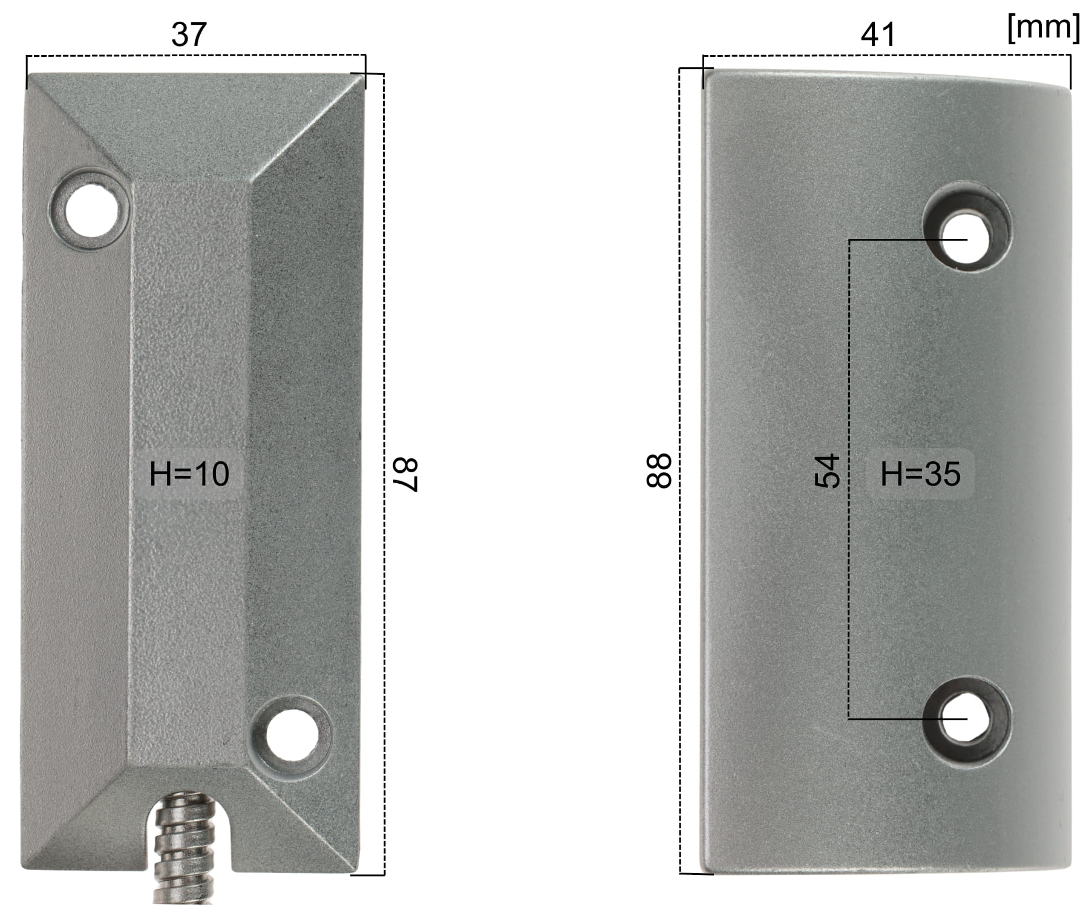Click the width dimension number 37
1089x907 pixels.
point(189,34)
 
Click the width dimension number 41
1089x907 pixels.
point(877,34)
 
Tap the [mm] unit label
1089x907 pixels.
point(1043,28)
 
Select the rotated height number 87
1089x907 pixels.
point(405,475)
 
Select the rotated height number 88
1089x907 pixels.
point(659,471)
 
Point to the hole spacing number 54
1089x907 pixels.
point(827,471)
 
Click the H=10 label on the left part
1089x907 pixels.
point(189,473)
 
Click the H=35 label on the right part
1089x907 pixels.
point(920,473)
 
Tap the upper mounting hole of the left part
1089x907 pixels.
point(92,210)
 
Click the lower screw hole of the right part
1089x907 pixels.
point(966,718)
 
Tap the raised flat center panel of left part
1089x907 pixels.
point(189,363)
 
